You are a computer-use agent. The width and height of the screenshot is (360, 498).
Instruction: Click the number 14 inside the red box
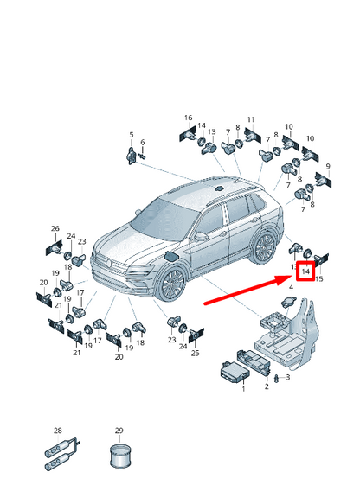[x=305, y=271]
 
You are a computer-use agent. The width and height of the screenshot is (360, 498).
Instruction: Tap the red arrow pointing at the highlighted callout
[x=249, y=290]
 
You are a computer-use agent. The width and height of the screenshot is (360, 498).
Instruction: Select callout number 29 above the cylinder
[x=119, y=431]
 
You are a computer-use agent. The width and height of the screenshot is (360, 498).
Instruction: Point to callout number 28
[x=58, y=431]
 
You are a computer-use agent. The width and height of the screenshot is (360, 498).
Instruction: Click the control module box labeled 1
[x=235, y=373]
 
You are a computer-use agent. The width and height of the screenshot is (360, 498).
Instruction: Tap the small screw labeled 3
[x=276, y=379]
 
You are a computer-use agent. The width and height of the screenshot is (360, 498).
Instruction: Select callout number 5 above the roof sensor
[x=132, y=135]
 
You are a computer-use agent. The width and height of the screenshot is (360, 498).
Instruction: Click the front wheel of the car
[x=172, y=284]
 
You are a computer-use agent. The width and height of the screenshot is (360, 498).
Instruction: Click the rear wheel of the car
[x=264, y=247]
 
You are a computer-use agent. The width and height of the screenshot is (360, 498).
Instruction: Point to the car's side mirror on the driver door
[x=201, y=236]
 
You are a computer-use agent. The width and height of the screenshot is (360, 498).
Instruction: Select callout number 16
[x=189, y=118]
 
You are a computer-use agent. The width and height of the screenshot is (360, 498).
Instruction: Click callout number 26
[x=55, y=228]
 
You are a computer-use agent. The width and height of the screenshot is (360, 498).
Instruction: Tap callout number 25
[x=195, y=353]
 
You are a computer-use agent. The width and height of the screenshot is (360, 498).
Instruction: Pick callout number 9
[x=328, y=166]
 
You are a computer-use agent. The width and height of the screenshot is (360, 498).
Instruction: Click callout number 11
[x=251, y=119]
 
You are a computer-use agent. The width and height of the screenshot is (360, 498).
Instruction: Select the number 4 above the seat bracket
[x=291, y=287]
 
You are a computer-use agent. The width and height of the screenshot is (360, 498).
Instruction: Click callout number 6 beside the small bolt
[x=143, y=142]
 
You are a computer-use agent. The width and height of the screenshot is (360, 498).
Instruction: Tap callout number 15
[x=318, y=279]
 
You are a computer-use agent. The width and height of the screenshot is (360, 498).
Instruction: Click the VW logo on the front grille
[x=109, y=263]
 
